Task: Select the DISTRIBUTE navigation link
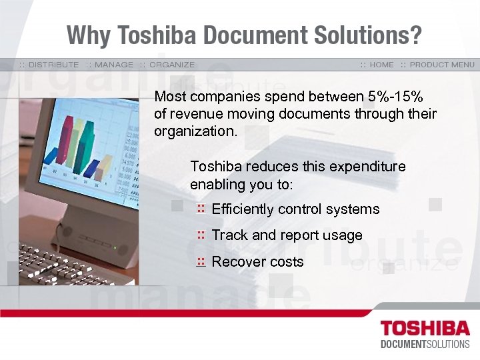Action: point(53,65)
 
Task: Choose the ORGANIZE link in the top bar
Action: point(172,65)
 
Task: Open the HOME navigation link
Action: point(381,65)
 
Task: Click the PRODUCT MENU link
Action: point(442,65)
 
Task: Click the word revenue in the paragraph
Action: point(193,114)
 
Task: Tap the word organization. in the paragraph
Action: point(195,131)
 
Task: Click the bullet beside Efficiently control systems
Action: point(200,209)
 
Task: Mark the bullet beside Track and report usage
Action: point(200,235)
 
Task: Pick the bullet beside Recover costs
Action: point(200,262)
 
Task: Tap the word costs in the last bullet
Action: point(287,262)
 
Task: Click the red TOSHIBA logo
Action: point(424,329)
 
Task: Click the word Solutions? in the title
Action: point(378,35)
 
